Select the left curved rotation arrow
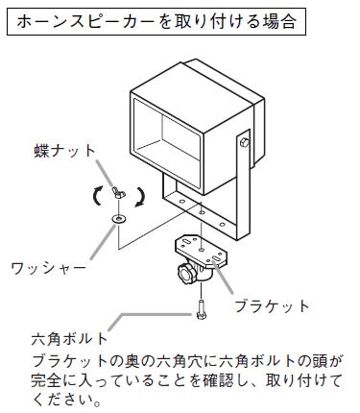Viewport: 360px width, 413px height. (97, 197)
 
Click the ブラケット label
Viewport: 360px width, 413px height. (274, 306)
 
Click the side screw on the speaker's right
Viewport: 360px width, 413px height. (245, 143)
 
